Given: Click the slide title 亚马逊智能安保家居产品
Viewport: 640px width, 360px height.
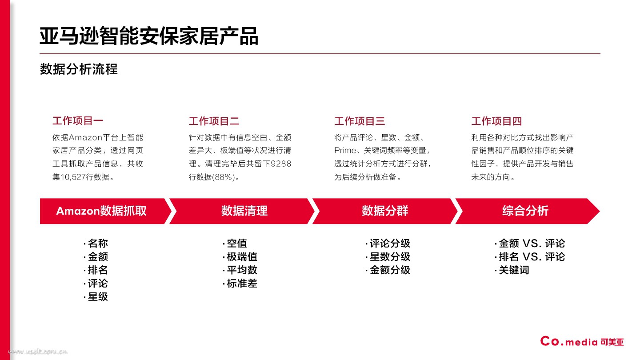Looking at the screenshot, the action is [x=149, y=36].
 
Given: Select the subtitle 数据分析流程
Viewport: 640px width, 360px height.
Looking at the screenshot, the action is [x=79, y=69].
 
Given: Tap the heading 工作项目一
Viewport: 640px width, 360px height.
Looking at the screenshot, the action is [x=78, y=120].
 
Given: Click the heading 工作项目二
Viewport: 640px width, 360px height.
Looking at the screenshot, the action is [x=214, y=121].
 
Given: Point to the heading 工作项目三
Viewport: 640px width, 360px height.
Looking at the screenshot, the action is [x=359, y=121].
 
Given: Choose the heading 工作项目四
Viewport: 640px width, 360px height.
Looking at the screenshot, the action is [x=496, y=121].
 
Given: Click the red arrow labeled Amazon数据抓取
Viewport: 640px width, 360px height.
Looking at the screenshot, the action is [x=101, y=211].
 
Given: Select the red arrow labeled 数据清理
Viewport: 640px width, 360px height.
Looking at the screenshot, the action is [x=244, y=211].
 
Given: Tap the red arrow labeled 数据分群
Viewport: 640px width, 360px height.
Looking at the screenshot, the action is [x=384, y=211].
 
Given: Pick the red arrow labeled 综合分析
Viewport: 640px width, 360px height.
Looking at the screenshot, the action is [x=525, y=211].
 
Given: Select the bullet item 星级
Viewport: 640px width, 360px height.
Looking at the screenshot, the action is [x=98, y=297].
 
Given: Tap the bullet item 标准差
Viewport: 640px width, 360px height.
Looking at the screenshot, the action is [x=242, y=284].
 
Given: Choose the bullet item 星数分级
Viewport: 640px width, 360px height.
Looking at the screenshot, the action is [x=390, y=257].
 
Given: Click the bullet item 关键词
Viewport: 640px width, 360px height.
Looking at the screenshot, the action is [x=514, y=270].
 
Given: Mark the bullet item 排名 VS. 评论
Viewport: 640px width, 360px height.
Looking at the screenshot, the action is [x=532, y=257].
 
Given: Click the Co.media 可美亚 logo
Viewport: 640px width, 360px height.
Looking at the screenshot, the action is [x=582, y=341].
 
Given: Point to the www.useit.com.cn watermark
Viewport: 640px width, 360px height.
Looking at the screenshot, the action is [x=38, y=352].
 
